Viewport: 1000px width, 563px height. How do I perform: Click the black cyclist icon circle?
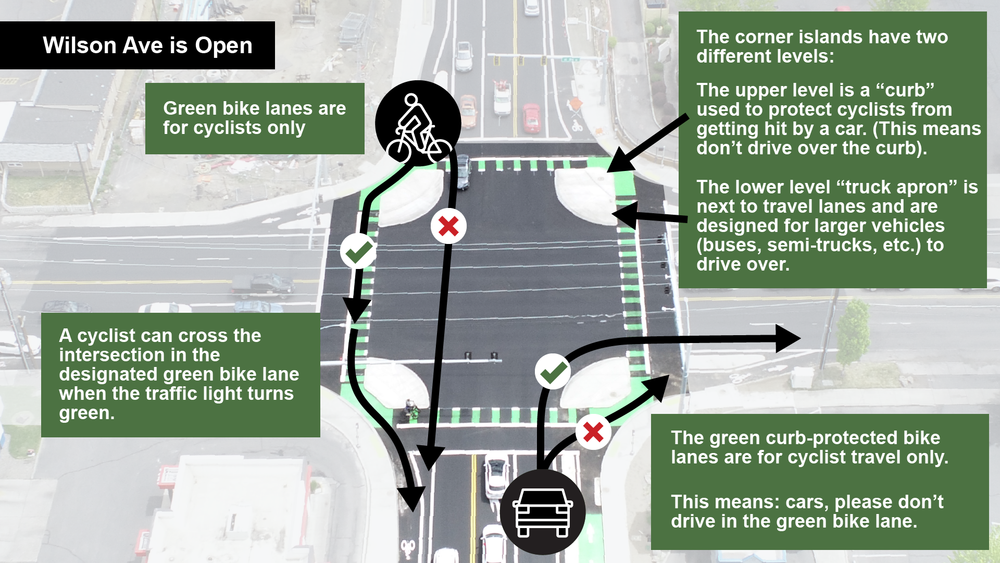coord(418,124)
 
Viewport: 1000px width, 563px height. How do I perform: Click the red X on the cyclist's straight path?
coord(448,226)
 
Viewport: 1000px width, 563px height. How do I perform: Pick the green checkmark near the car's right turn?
coord(553,372)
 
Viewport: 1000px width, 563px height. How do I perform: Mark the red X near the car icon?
coord(593,432)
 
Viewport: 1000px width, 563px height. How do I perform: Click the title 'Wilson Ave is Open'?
coord(147,45)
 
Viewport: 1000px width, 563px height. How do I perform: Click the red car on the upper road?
coord(531,118)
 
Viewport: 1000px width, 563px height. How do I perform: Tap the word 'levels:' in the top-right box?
coord(809,56)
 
